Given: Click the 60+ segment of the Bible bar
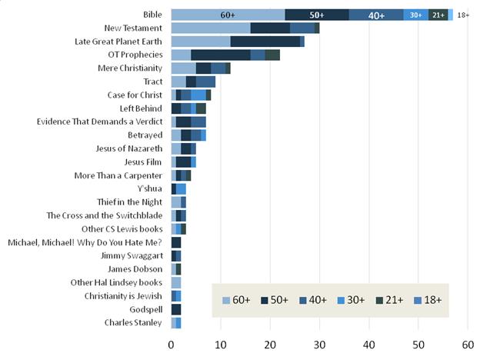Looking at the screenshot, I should [x=228, y=15].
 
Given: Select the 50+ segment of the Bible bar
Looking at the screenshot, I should [x=316, y=15].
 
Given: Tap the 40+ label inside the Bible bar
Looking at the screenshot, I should [x=376, y=15].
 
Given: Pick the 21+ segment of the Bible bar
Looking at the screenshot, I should [x=438, y=15].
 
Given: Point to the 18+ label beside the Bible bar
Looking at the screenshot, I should [x=462, y=15].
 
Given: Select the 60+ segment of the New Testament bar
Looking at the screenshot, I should [x=211, y=28].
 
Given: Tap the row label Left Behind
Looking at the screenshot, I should [x=142, y=108].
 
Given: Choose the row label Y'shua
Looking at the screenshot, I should [x=150, y=188].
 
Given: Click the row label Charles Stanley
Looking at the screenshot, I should [x=134, y=322].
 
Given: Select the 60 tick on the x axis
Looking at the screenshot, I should [x=468, y=345].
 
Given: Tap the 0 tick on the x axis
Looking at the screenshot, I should [x=172, y=345].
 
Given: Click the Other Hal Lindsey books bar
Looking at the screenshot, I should [x=175, y=282].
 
